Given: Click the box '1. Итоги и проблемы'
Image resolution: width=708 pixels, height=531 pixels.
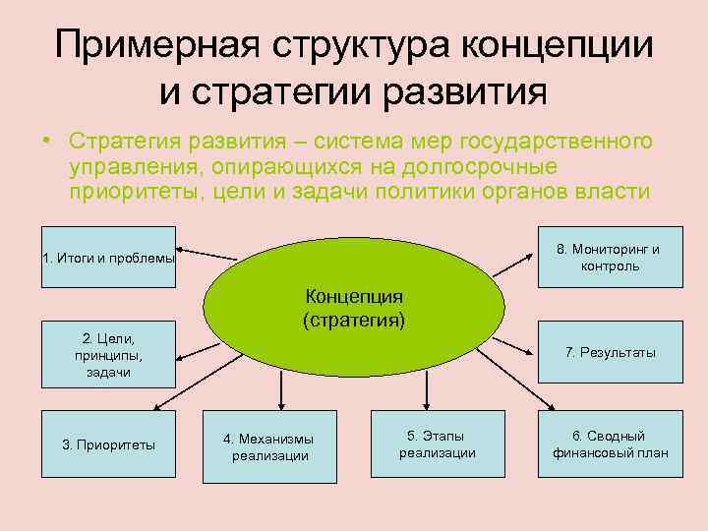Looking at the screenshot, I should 109,259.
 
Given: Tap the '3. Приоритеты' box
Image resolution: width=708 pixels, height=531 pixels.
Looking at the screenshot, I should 109,444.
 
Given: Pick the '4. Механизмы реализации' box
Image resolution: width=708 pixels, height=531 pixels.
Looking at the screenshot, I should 269,446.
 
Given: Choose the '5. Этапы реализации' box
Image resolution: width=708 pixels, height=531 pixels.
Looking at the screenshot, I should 438,444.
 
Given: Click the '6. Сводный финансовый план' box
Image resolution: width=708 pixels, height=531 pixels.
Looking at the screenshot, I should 609,444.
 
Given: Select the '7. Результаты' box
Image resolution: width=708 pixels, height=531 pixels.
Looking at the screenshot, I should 609,352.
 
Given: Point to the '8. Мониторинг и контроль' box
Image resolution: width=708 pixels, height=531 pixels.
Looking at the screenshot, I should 609,258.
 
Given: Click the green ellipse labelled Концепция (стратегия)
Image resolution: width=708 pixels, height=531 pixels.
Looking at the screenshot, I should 355,305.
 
